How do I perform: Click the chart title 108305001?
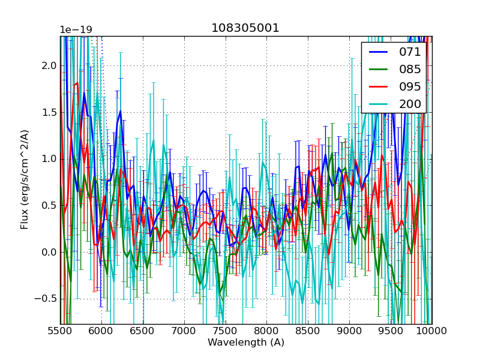245,28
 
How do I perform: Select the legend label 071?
410,52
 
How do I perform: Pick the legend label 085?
410,69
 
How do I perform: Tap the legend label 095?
410,86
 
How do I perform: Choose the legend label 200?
410,104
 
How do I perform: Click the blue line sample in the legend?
379,52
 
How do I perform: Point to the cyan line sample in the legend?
379,104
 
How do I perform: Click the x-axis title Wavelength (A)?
246,343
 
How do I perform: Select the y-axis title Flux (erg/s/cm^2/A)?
25,179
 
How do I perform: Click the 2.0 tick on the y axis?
49,65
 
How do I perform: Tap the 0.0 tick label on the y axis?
49,252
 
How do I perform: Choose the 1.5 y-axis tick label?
49,112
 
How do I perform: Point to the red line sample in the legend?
379,86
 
